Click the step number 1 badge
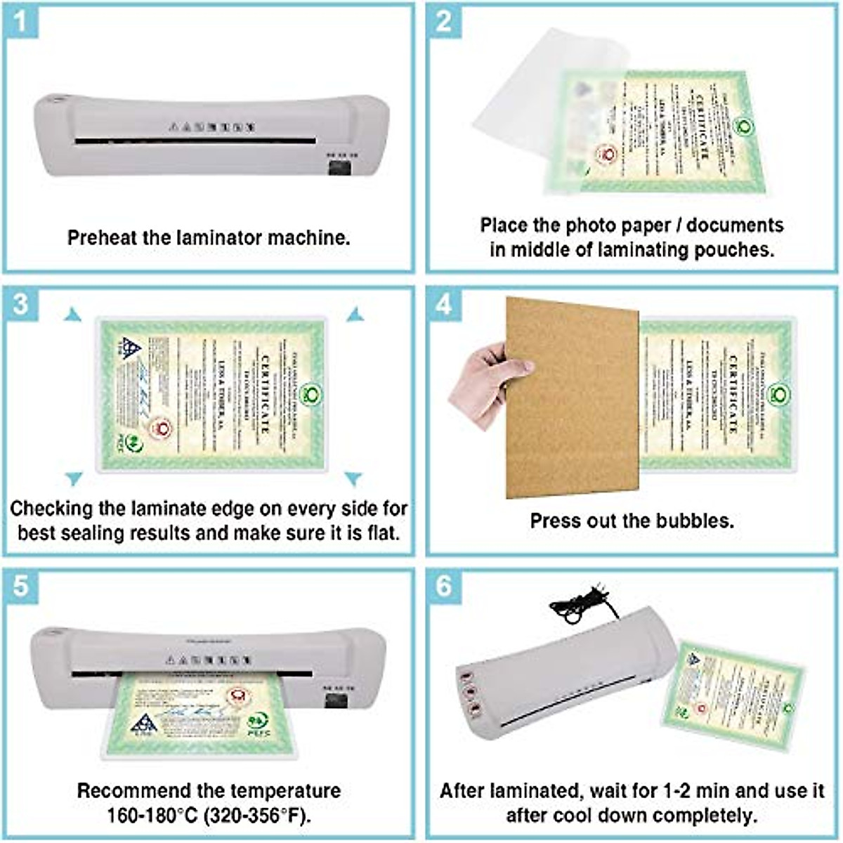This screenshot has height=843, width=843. point(21,21)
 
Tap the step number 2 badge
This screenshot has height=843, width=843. point(444,21)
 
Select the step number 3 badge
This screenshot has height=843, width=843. point(21,304)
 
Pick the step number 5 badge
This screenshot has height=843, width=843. point(21,584)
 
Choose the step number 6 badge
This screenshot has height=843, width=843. point(444,584)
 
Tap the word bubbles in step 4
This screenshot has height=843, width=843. point(695,521)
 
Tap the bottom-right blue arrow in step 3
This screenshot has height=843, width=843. point(353,479)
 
